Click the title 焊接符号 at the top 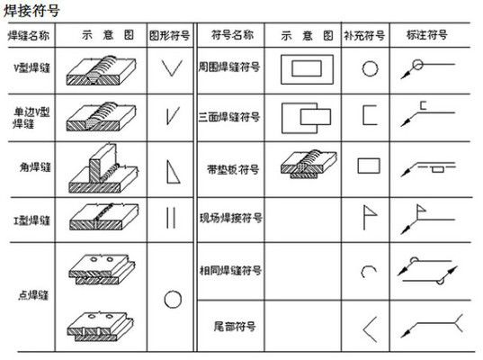(34, 13)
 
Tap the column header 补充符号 (364, 37)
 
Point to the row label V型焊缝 (30, 68)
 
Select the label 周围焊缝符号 (229, 68)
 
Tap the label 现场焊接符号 (229, 218)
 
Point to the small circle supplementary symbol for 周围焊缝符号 (369, 68)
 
